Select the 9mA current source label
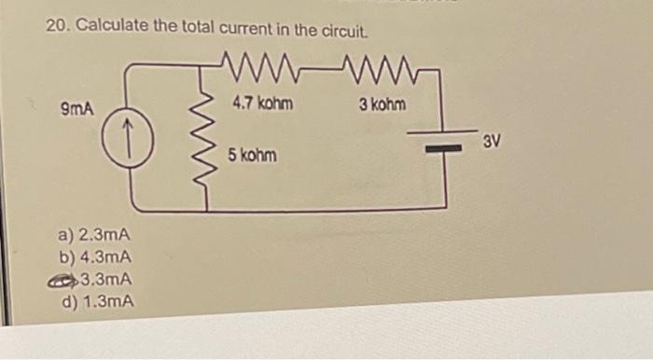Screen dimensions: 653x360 (x=77, y=109)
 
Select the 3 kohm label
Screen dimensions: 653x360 (x=382, y=104)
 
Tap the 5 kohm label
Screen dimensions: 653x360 (x=252, y=155)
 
